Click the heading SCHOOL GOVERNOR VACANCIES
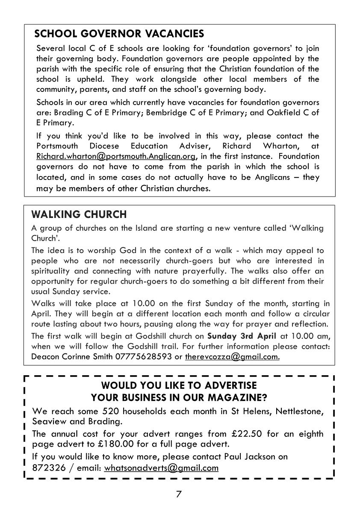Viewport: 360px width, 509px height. pos(119,34)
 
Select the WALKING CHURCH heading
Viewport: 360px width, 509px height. pos(79,214)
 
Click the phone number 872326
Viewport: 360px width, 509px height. pos(47,467)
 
